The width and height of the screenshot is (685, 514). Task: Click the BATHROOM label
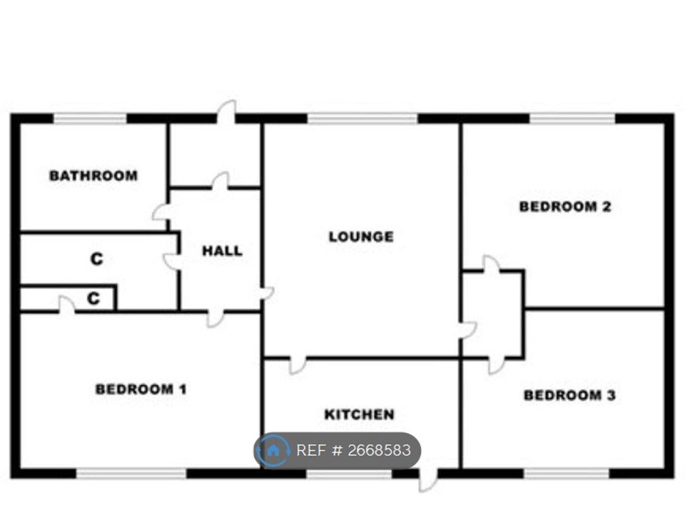point(93,176)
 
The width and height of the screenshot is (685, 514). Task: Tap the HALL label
point(222,251)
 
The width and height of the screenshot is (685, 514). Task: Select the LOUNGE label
point(361,237)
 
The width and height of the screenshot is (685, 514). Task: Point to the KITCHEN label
point(360,414)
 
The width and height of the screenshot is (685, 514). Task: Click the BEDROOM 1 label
point(141,389)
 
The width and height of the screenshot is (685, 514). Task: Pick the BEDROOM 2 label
point(565,206)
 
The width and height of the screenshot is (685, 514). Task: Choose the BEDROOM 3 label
point(569,395)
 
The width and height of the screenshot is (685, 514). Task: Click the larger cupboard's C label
point(96,259)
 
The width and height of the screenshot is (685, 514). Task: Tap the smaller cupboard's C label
point(93,298)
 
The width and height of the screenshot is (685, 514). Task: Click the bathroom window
point(90,119)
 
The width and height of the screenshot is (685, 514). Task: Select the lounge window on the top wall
point(362,119)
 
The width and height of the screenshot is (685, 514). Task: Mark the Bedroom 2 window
point(573,119)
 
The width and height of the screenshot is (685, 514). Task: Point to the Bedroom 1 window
point(131,473)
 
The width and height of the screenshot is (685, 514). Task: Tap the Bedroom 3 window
point(567,473)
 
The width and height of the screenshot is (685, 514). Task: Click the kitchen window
point(350,473)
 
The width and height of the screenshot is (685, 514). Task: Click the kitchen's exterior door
point(427,480)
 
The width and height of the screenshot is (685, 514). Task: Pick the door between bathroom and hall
point(161,213)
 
